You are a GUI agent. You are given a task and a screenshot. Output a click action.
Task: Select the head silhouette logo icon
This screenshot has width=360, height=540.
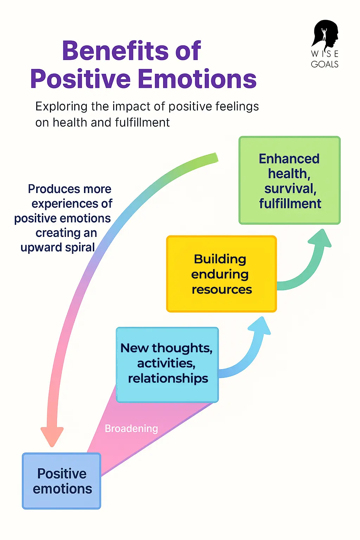pos(325,34)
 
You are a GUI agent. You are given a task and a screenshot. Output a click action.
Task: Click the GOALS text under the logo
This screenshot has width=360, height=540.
pos(324,64)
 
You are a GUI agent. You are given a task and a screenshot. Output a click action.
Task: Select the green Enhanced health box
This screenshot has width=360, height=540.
pos(289,180)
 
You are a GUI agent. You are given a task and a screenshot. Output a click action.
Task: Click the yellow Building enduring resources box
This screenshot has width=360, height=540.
pos(221,274)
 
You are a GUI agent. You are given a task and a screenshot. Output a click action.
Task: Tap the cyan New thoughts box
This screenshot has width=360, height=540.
pos(167,365)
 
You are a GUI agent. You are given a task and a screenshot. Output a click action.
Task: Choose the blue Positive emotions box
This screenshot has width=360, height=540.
pos(62,481)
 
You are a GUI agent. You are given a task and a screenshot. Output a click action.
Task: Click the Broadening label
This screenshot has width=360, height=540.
pos(131,429)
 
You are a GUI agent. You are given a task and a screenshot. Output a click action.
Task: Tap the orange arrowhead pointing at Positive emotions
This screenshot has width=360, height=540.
pos(52,436)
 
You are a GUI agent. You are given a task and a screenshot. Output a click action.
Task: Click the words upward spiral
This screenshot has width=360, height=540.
pos(58,247)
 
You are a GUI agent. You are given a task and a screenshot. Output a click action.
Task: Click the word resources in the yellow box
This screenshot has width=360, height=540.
pos(221,289)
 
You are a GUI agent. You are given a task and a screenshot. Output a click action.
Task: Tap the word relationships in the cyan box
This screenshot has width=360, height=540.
pos(168,379)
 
